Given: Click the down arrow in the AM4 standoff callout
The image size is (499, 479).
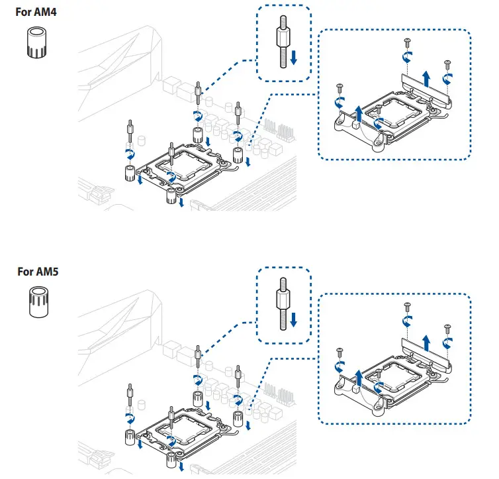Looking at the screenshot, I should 294,60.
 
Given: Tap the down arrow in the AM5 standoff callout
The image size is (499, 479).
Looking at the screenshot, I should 294,321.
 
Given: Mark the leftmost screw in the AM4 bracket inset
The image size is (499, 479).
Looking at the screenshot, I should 340,87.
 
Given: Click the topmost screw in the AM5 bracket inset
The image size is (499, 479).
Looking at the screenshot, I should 406,305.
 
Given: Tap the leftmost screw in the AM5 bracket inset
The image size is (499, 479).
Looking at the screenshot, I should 340,350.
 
